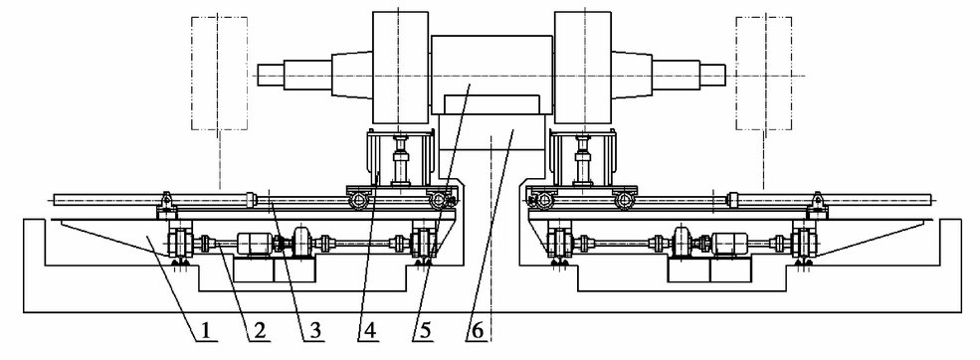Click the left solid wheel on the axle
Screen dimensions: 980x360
[x=401, y=67]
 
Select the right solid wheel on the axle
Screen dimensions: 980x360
[x=582, y=67]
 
